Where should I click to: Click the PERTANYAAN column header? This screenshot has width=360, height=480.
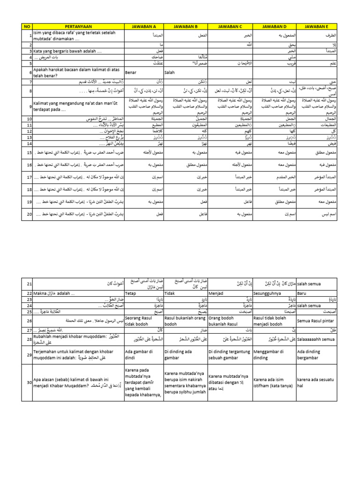[78, 27]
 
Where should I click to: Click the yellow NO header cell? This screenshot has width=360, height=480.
[27, 27]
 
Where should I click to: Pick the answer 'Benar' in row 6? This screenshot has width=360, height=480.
[132, 73]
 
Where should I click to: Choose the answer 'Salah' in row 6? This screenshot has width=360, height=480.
[170, 73]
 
